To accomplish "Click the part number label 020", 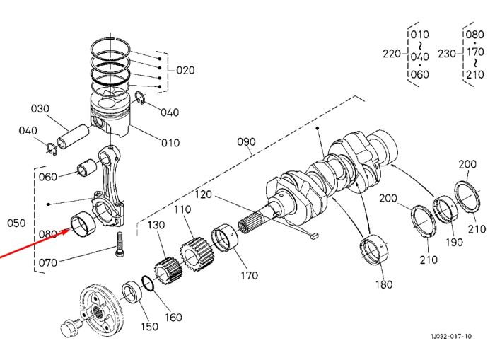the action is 185,70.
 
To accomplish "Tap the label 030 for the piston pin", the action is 40,109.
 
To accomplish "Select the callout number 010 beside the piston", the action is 170,143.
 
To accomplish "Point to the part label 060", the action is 48,177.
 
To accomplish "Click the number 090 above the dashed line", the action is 246,141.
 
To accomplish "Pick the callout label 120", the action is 203,194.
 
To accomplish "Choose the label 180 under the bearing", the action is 384,284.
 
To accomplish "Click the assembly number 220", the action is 392,54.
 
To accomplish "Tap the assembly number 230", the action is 447,54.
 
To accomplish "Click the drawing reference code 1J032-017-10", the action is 451,337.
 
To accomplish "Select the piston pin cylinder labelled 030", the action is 74,136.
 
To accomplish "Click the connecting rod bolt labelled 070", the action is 120,245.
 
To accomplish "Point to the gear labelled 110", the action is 196,252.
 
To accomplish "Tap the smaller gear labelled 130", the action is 168,271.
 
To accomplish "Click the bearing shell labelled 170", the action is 224,238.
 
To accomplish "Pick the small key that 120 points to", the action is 315,235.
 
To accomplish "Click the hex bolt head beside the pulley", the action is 70,327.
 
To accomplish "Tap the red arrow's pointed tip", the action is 70,230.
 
